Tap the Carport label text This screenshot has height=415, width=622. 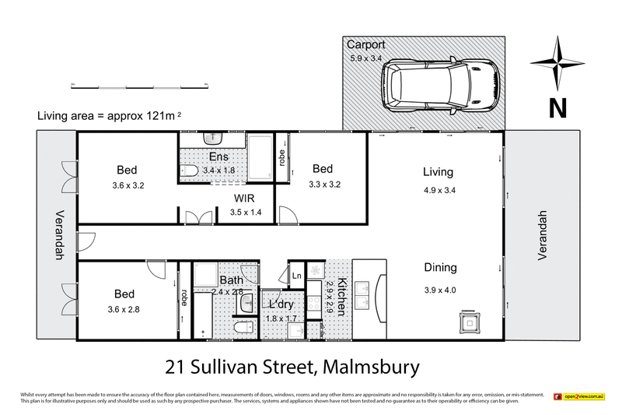point(366,44)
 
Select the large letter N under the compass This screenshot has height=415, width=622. point(557,107)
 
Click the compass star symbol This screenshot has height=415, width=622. point(557,62)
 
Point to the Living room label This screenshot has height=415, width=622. point(438,172)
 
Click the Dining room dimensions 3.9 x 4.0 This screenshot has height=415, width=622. point(439,290)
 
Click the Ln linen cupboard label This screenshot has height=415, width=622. point(297,275)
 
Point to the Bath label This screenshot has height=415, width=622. point(231,280)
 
